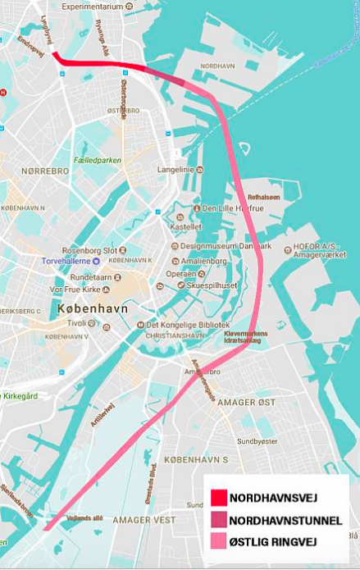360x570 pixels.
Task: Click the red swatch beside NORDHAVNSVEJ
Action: (x=218, y=498)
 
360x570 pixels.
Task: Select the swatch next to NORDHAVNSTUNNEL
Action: (x=218, y=520)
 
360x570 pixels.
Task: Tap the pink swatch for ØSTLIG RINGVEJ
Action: (x=218, y=542)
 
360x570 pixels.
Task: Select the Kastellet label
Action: (x=185, y=226)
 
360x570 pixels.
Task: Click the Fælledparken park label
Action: (x=96, y=160)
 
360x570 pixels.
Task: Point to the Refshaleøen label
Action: (x=263, y=197)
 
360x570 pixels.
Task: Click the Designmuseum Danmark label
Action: (x=221, y=245)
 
